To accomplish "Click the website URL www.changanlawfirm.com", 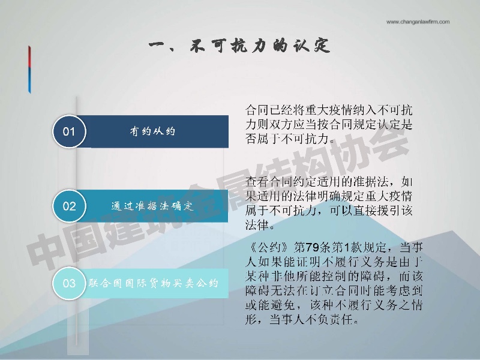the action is [x=418, y=22].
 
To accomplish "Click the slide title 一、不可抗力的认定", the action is [x=239, y=46].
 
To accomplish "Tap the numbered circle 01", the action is [x=69, y=131].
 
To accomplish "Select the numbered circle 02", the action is [x=69, y=206].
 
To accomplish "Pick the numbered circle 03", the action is [x=69, y=283].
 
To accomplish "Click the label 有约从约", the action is [x=152, y=131].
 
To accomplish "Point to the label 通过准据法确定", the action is [x=152, y=206].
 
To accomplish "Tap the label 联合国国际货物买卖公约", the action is [x=154, y=283].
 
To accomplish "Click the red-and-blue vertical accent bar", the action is [x=29, y=70].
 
